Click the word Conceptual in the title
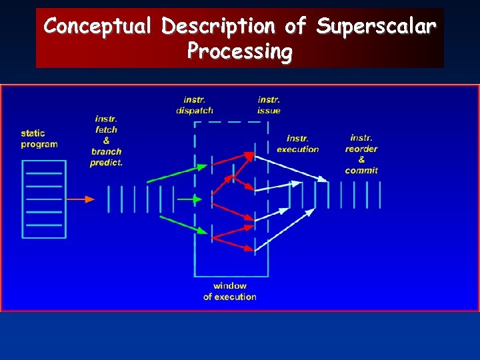[x=99, y=27]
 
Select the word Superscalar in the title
[x=377, y=27]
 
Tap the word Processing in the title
[x=239, y=51]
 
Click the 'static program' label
[x=39, y=139]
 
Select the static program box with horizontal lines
[x=44, y=199]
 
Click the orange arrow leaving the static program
[x=80, y=199]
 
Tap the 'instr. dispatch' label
[x=195, y=105]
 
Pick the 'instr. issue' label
[x=269, y=105]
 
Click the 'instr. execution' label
[x=297, y=144]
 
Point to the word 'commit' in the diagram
[x=361, y=171]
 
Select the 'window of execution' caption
[x=229, y=291]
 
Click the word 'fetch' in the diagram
[x=107, y=129]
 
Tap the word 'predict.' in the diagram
[x=107, y=162]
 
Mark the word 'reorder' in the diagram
[x=361, y=149]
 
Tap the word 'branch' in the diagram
[x=107, y=151]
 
